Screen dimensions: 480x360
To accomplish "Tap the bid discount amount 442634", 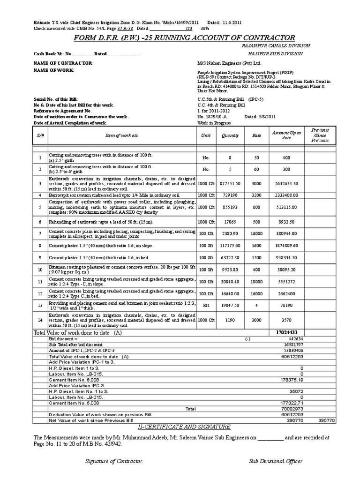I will pos(294,338).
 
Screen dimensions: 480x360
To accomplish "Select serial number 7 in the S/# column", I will pos(40,233).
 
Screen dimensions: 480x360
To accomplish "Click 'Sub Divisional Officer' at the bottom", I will pos(276,462).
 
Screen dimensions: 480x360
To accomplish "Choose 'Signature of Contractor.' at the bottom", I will pos(114,462).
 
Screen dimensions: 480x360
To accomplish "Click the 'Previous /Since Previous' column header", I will pos(320,135).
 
